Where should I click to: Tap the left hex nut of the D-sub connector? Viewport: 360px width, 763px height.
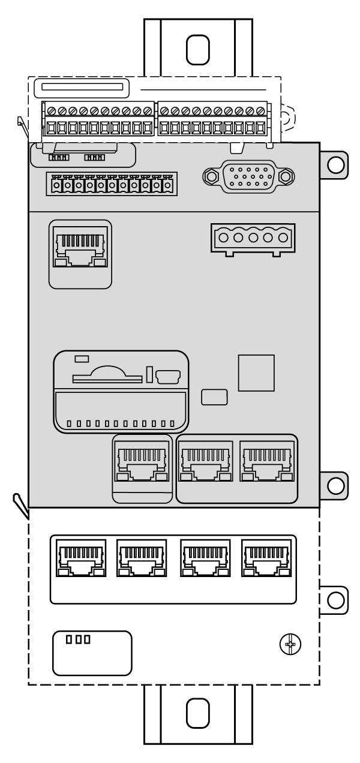point(211,176)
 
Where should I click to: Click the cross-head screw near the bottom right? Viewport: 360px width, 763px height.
point(291,645)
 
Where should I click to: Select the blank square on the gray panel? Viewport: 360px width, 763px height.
point(256,373)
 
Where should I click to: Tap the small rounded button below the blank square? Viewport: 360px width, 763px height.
point(214,397)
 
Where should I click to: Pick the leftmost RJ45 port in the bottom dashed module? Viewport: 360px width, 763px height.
point(80,557)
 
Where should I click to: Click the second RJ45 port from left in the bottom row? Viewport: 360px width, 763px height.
point(142,557)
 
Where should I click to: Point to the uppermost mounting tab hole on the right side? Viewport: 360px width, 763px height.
point(336,164)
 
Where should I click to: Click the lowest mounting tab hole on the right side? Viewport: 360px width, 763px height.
point(336,599)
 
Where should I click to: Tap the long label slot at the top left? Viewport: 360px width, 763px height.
point(82,88)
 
